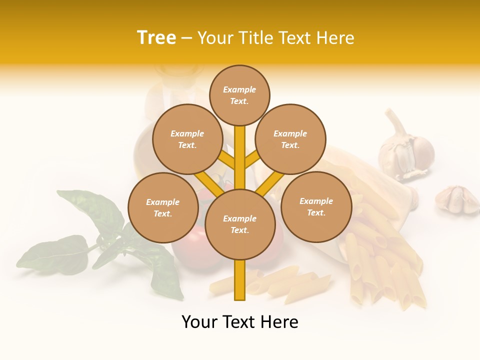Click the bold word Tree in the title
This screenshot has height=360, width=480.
[156, 38]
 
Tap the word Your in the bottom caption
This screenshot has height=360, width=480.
[200, 322]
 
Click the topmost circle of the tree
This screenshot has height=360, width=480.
[239, 95]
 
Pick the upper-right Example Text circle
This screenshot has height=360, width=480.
[290, 139]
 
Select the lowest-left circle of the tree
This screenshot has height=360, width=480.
[163, 207]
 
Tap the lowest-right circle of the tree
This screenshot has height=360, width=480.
[316, 206]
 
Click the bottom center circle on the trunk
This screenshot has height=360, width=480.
[240, 224]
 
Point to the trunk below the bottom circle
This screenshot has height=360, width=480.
[240, 280]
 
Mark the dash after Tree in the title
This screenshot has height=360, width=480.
[187, 38]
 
